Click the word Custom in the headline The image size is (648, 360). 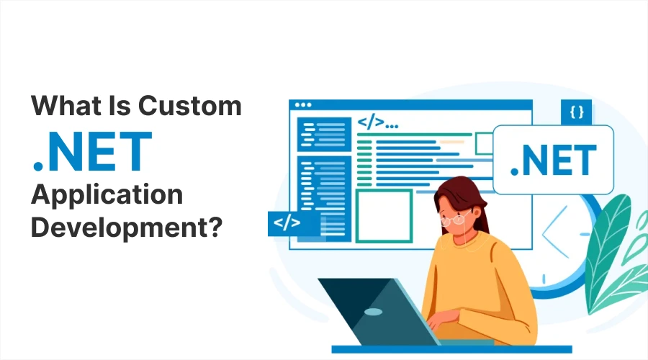click(189, 106)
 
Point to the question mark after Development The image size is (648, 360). click(214, 227)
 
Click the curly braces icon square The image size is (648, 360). click(577, 112)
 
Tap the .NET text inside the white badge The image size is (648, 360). click(554, 160)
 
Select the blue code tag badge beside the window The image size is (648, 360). click(288, 224)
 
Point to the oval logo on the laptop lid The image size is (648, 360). click(373, 312)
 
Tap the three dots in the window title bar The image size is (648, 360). click(303, 105)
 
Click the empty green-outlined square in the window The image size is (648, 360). click(384, 216)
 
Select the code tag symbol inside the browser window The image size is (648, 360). click(371, 122)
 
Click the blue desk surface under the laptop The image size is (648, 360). click(451, 350)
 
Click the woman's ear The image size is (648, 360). click(477, 213)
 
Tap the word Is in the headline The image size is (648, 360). click(120, 106)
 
